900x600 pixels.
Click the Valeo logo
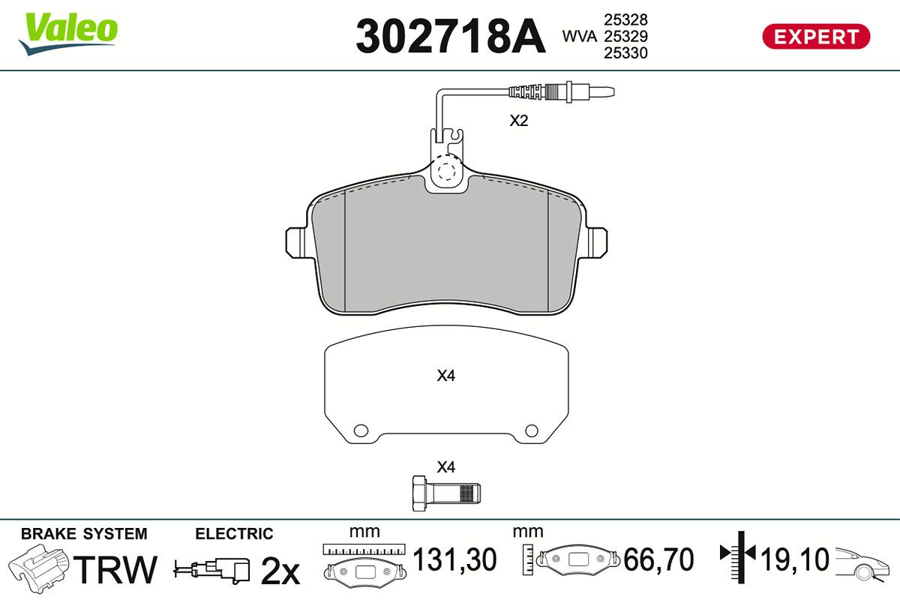point(68,34)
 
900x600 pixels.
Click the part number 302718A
point(451,36)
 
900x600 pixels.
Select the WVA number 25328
point(625,19)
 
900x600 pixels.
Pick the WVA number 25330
point(625,53)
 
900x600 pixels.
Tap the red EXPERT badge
point(816,37)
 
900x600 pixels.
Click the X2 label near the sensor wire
point(519,121)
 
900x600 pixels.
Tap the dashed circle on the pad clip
point(446,172)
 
